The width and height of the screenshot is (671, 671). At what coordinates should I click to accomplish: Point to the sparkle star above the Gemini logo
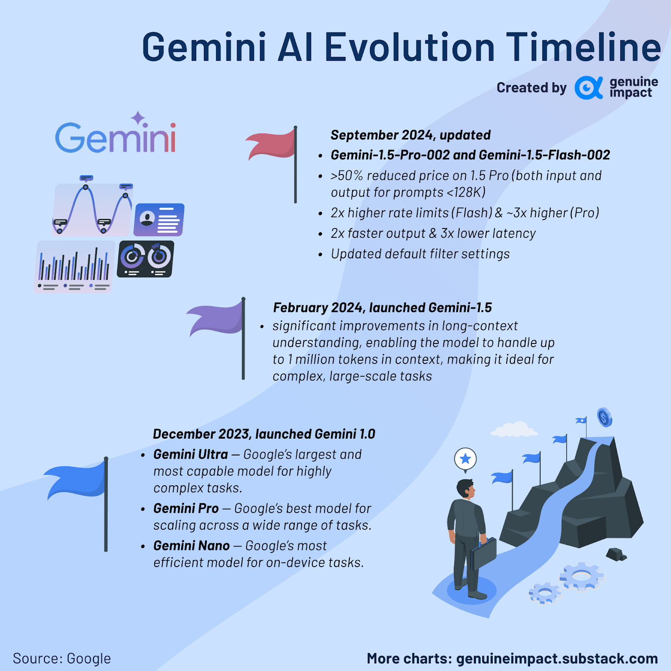click(138, 118)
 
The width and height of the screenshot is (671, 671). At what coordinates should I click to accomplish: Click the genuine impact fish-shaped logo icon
click(588, 88)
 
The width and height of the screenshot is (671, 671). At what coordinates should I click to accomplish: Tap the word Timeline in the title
click(584, 47)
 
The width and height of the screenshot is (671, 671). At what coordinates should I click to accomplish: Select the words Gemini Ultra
click(191, 454)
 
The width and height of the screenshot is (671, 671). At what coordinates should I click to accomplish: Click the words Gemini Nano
click(192, 546)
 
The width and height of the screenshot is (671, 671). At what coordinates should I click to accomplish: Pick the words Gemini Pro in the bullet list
click(186, 508)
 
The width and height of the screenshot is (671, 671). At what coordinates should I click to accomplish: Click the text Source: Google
click(62, 658)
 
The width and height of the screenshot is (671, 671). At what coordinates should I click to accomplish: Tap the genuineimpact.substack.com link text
click(557, 658)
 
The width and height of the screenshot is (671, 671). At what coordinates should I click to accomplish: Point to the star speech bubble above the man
click(466, 459)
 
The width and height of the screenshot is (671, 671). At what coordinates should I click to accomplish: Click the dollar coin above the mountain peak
click(604, 417)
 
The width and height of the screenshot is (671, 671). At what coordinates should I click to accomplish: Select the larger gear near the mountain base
click(582, 576)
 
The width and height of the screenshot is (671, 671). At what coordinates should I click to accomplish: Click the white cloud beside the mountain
click(514, 430)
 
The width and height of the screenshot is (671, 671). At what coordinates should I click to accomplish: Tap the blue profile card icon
click(159, 220)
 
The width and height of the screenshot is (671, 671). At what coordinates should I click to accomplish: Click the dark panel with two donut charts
click(145, 259)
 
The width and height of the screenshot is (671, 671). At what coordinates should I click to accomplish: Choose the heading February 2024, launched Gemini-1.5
click(382, 307)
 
